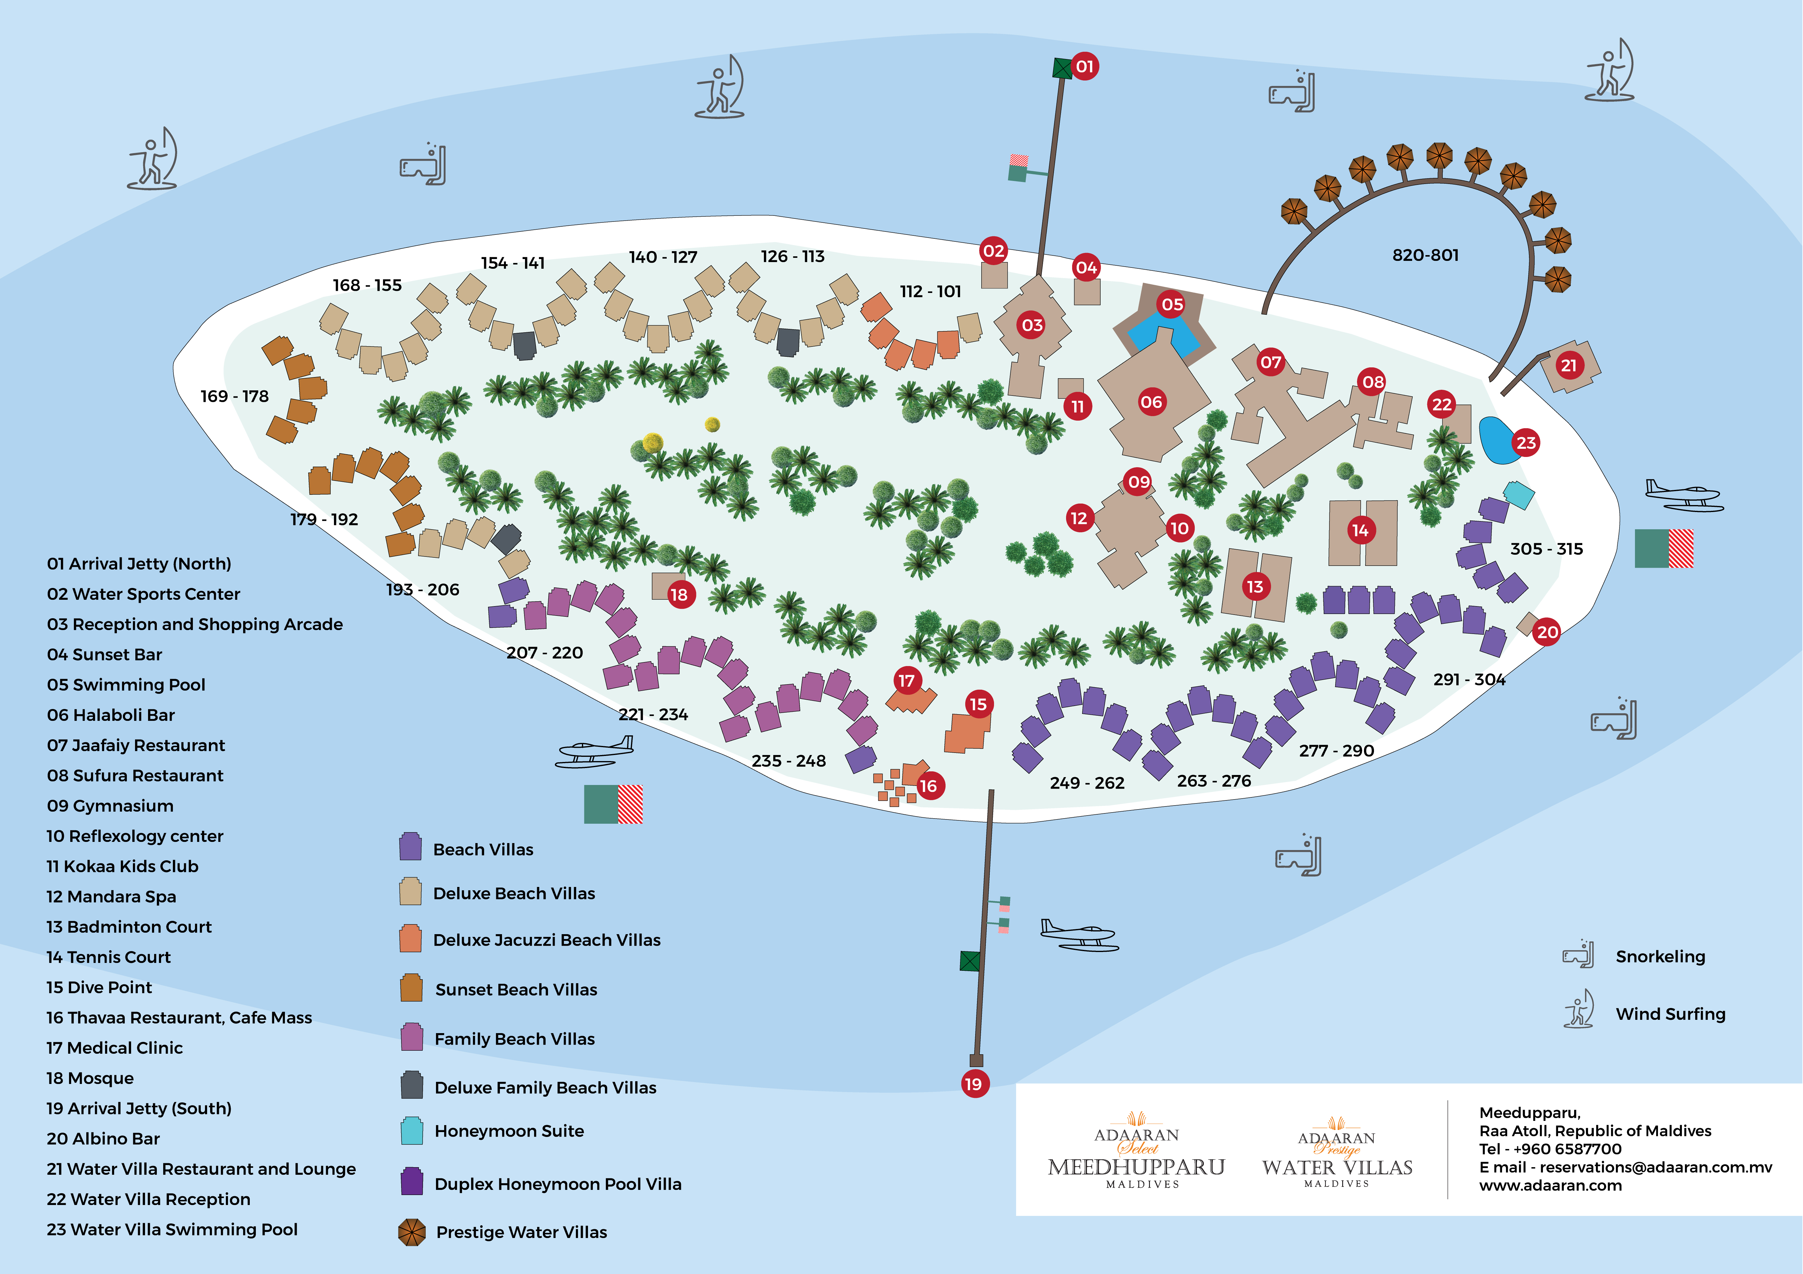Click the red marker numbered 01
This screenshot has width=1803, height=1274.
point(1085,67)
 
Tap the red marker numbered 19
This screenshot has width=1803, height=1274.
point(974,1084)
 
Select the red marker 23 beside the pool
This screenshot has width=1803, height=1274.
point(1526,443)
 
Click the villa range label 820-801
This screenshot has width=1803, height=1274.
point(1425,255)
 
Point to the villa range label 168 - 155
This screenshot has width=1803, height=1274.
point(367,285)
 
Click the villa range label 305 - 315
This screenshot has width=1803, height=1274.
point(1546,549)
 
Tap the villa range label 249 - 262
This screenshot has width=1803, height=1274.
point(1087,783)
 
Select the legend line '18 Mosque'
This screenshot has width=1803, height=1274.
point(90,1078)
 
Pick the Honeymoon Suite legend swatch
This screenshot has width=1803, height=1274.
point(411,1130)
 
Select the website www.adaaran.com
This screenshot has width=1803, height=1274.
point(1550,1185)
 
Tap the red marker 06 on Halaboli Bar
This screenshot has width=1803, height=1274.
point(1151,402)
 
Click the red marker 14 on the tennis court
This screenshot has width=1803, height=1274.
point(1360,531)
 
